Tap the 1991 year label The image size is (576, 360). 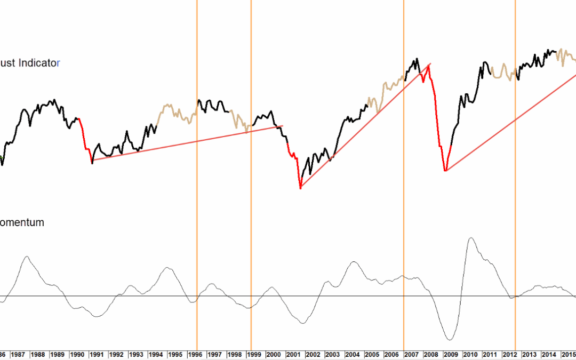(96, 354)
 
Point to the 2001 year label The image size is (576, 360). (292, 354)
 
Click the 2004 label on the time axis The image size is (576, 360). (351, 354)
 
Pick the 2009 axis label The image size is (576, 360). (450, 354)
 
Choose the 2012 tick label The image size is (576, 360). (509, 354)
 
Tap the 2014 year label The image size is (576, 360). (549, 354)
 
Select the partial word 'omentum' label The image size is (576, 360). (22, 222)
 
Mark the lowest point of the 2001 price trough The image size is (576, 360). (300, 188)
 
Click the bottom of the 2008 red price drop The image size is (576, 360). (445, 171)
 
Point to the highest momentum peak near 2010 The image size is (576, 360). (470, 238)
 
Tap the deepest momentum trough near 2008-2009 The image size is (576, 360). (449, 340)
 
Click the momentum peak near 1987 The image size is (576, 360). (26, 257)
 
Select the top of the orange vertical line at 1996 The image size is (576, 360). (197, 2)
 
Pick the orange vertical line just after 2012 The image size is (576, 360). (515, 160)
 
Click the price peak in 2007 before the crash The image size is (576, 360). (415, 59)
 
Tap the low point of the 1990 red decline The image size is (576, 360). (92, 163)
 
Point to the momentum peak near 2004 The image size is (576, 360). (354, 262)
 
